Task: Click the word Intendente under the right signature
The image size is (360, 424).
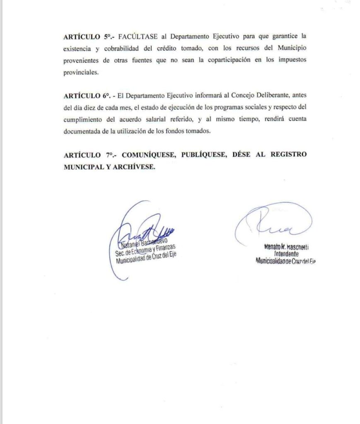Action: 286,254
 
